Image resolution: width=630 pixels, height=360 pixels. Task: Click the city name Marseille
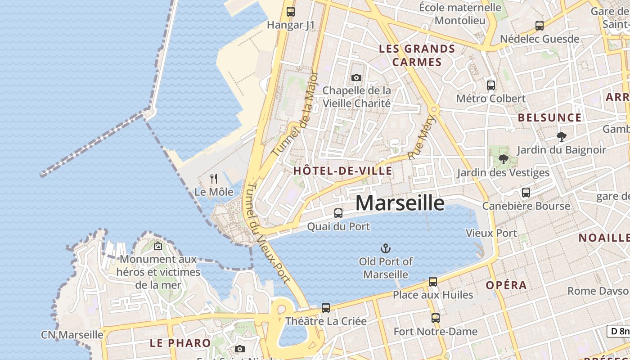pos(400,203)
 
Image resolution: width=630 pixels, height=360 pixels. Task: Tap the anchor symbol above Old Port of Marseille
pos(386,248)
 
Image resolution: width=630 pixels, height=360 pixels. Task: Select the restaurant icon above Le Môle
pos(214,179)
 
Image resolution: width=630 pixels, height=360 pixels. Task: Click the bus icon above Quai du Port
pos(338,213)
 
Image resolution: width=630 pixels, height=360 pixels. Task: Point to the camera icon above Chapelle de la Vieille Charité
pos(356,77)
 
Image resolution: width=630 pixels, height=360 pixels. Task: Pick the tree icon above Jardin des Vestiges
pos(503,159)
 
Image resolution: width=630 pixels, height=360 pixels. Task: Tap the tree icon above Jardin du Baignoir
pos(561,136)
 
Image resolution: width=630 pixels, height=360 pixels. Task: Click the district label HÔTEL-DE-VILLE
pos(342,171)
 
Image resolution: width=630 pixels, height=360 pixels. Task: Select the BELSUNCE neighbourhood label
pos(549,118)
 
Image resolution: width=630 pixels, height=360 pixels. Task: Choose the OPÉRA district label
pos(506,285)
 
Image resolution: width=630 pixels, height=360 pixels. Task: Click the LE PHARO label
pos(180,343)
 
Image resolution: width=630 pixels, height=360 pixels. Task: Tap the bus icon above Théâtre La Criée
pos(326,308)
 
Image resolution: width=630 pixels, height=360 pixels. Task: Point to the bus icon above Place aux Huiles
pos(433,282)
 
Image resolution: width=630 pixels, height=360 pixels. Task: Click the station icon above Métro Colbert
pos(491,85)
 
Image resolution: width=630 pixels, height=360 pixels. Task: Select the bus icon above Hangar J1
pos(291,12)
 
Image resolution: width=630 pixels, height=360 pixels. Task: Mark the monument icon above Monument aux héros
pos(158,246)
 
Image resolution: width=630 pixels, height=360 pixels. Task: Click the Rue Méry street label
pos(423,137)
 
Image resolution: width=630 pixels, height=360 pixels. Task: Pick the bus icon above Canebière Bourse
pos(526,193)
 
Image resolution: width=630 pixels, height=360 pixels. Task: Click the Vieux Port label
pos(491,233)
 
